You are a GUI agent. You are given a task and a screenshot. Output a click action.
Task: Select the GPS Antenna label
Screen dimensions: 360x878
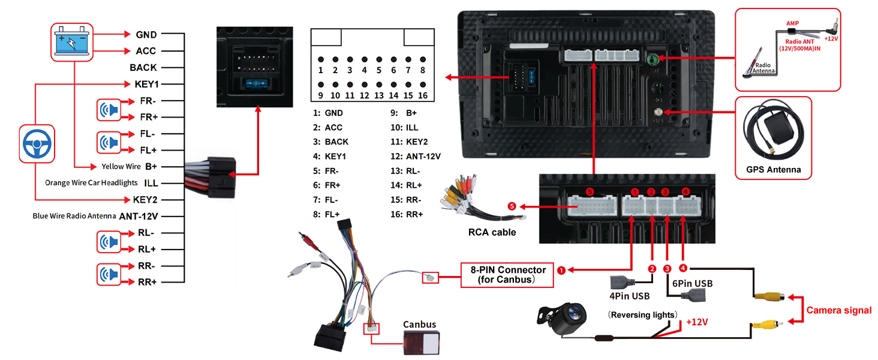coord(773,169)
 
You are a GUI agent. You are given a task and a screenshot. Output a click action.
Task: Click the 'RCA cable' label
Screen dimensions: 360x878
coord(492,232)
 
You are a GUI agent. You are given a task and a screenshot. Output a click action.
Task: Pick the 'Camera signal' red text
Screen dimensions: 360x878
coord(838,310)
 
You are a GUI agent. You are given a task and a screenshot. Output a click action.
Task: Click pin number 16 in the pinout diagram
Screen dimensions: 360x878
coord(423,95)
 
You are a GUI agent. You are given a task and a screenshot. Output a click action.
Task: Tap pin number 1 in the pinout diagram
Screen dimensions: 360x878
coord(321,70)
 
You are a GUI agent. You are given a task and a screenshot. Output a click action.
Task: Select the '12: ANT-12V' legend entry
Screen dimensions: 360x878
coord(415,156)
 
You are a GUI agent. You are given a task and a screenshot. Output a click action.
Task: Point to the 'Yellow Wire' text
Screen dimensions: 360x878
coord(121,166)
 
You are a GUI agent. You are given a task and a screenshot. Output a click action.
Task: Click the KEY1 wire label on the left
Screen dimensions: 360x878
coord(146,84)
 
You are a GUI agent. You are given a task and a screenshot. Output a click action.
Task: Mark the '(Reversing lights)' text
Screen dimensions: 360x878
coord(642,314)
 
